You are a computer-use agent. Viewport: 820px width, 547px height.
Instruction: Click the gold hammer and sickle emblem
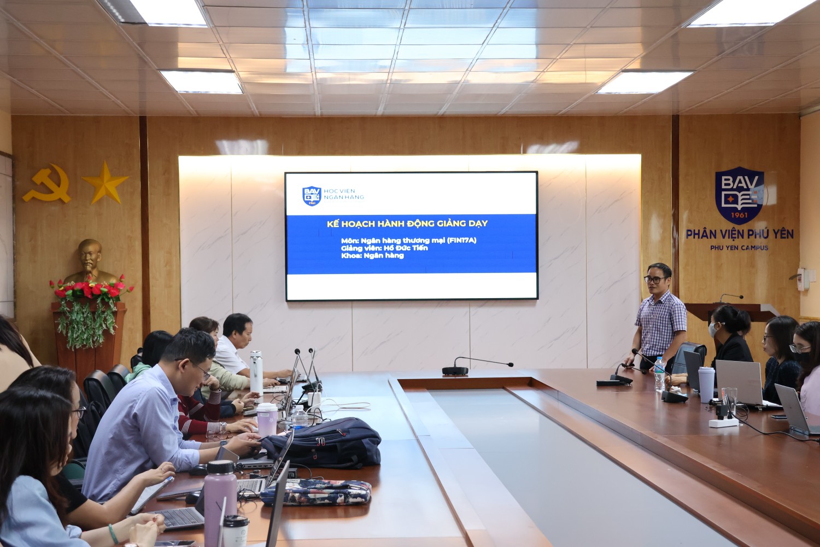pyautogui.click(x=47, y=184)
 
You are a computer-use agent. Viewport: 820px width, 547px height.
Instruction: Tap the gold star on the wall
pyautogui.click(x=106, y=183)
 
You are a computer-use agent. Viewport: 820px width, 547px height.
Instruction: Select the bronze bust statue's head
pyautogui.click(x=90, y=255)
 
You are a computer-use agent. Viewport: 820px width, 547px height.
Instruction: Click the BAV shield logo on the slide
pyautogui.click(x=312, y=196)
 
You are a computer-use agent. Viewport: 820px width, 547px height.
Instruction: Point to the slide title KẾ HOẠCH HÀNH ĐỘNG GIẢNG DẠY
pyautogui.click(x=407, y=224)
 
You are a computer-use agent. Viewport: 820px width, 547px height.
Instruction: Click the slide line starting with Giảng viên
pyautogui.click(x=384, y=248)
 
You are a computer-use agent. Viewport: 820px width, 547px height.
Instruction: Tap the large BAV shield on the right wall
pyautogui.click(x=740, y=195)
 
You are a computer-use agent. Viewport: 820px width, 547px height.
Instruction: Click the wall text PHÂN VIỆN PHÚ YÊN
pyautogui.click(x=740, y=234)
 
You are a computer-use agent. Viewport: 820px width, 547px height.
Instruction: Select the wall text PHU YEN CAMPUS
pyautogui.click(x=739, y=248)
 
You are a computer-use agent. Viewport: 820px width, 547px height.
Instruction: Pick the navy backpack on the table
pyautogui.click(x=322, y=443)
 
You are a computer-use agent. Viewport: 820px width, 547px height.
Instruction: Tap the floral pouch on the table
pyautogui.click(x=315, y=492)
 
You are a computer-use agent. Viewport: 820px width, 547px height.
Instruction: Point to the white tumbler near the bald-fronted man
pyautogui.click(x=256, y=373)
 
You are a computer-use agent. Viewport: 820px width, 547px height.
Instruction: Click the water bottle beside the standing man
pyautogui.click(x=659, y=374)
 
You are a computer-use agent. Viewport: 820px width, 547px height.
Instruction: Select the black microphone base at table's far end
pyautogui.click(x=455, y=370)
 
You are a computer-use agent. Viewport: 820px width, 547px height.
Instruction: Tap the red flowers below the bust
pyautogui.click(x=90, y=289)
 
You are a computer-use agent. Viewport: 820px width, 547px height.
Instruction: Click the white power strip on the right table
pyautogui.click(x=724, y=423)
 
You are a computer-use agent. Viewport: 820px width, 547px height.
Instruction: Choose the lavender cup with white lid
pyautogui.click(x=267, y=419)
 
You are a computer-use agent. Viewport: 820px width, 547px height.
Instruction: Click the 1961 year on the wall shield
pyautogui.click(x=739, y=214)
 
